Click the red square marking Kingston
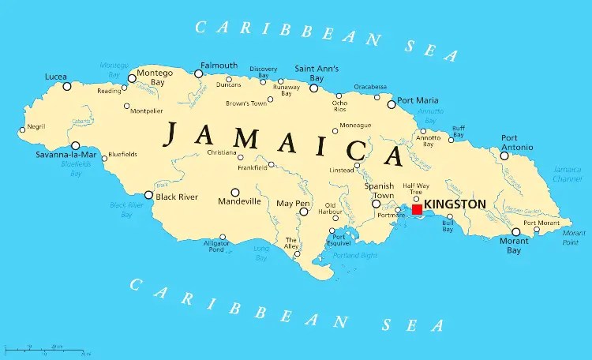417,209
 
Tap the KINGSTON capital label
455,204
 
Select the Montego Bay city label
155,77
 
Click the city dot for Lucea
67,86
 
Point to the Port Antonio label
517,142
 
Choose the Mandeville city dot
234,192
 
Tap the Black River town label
177,197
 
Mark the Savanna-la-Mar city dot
76,145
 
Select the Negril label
36,126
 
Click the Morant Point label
574,238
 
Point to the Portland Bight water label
354,255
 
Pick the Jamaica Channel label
568,174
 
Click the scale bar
47,349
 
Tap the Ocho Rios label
339,107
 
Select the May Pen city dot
303,212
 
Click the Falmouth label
219,65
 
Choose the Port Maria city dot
391,104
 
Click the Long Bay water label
261,252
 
